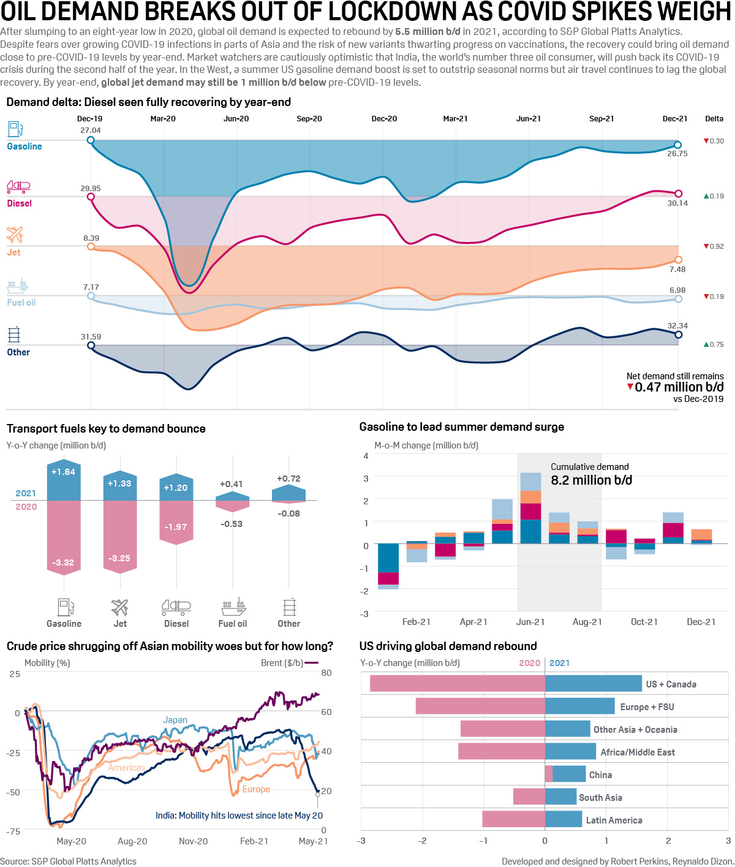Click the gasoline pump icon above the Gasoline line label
pos(15,129)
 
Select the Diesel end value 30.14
pos(677,203)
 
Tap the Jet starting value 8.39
pos(91,238)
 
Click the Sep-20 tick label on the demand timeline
pos(309,119)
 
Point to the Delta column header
pos(714,119)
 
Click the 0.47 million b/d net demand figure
pos(679,387)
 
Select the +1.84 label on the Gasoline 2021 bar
pos(64,472)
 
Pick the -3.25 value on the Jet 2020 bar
pos(119,558)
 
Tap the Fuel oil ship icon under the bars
pos(233,607)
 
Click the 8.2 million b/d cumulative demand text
pos(591,480)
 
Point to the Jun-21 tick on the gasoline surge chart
pos(530,622)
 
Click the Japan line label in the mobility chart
pos(175,720)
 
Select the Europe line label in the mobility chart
pos(256,789)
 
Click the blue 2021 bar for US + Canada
pos(593,684)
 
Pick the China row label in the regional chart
pos(600,775)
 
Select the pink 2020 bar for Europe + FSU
pos(480,706)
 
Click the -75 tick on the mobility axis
pos(13,831)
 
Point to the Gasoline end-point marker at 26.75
pos(677,145)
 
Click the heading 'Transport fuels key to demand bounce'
pos(106,429)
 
